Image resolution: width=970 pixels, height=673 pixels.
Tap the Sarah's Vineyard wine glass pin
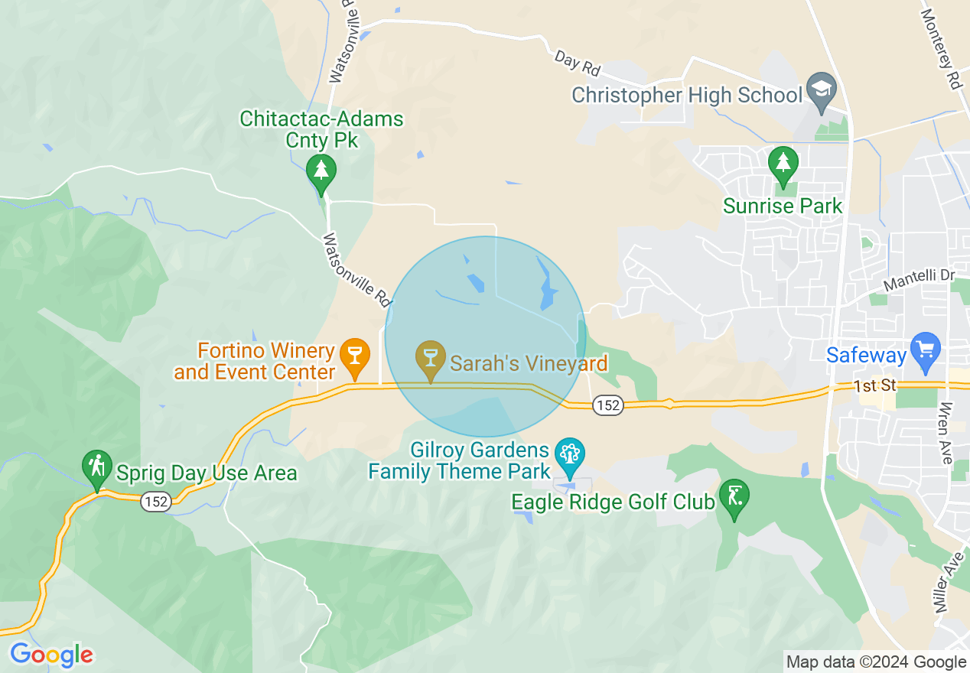tap(431, 357)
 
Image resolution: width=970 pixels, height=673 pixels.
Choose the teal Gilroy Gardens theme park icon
tap(568, 456)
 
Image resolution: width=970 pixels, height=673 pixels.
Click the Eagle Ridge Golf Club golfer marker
tap(734, 497)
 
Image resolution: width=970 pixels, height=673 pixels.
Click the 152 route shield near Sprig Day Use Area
tap(155, 502)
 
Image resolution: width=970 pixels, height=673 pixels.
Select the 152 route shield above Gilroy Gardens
tap(608, 405)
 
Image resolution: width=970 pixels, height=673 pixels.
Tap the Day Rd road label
tap(578, 63)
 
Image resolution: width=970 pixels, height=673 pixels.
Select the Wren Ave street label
tap(946, 432)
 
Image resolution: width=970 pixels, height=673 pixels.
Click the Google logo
tap(51, 655)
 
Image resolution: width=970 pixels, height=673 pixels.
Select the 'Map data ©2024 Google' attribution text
tap(876, 662)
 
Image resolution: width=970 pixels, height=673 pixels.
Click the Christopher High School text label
tap(687, 95)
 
